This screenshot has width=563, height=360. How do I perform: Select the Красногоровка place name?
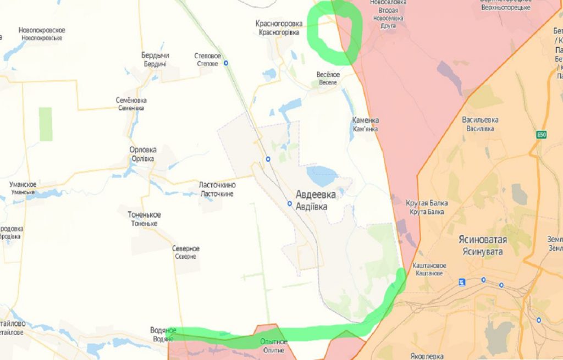pos(279,24)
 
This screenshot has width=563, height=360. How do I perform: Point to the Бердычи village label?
pos(155,56)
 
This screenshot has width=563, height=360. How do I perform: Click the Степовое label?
pos(208,56)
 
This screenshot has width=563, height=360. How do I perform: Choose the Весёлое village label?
pos(328,75)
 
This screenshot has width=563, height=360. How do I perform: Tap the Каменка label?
pos(366,120)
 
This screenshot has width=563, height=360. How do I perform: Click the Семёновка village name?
pos(131,101)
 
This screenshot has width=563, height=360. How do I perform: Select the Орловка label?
pos(143,150)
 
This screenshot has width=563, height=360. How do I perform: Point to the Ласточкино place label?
pos(217,186)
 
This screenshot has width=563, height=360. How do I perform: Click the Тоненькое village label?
pos(144,215)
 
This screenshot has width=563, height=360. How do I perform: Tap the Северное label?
pos(185,249)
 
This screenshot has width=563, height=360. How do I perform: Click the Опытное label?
pos(273,342)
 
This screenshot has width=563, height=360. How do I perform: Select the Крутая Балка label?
pos(427,203)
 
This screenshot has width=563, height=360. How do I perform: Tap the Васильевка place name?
pos(481,120)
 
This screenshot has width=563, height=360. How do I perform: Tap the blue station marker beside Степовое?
pos(226,63)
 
